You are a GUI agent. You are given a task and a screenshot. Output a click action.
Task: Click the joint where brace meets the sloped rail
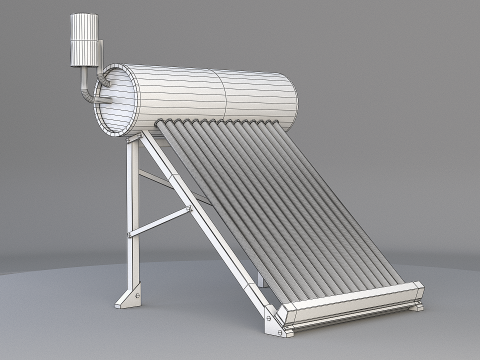tap(187, 204)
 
